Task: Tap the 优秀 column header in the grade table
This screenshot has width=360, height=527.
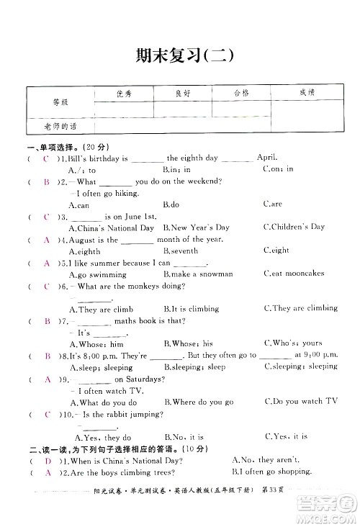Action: pyautogui.click(x=124, y=94)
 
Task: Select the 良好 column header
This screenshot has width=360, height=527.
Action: pyautogui.click(x=183, y=94)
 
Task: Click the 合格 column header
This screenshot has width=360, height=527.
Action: pyautogui.click(x=241, y=94)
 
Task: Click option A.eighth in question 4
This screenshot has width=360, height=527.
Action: pyautogui.click(x=84, y=251)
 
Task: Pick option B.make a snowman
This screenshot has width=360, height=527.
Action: pyautogui.click(x=198, y=274)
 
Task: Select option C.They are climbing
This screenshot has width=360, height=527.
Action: pyautogui.click(x=300, y=309)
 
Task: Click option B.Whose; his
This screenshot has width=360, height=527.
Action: pyautogui.click(x=189, y=344)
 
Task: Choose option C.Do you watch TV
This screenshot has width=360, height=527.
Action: pyautogui.click(x=300, y=402)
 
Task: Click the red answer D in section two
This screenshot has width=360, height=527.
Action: pyautogui.click(x=47, y=460)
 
